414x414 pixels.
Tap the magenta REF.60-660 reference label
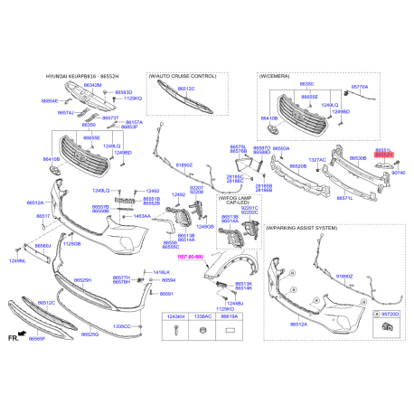tap(191, 258)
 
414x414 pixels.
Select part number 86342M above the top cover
tap(92, 84)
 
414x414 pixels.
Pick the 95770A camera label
tap(360, 86)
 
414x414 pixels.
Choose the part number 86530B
tap(358, 158)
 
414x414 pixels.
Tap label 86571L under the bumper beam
tap(344, 197)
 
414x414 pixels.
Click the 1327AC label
tap(316, 160)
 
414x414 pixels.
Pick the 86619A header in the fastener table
tap(231, 318)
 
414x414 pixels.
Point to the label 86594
tap(168, 281)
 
